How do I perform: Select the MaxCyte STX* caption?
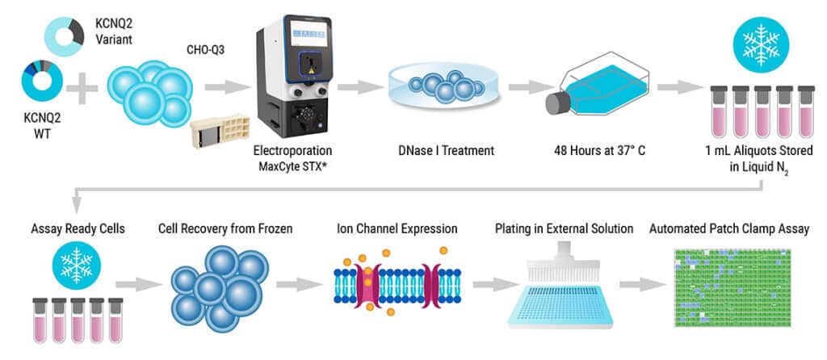coord(292,165)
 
